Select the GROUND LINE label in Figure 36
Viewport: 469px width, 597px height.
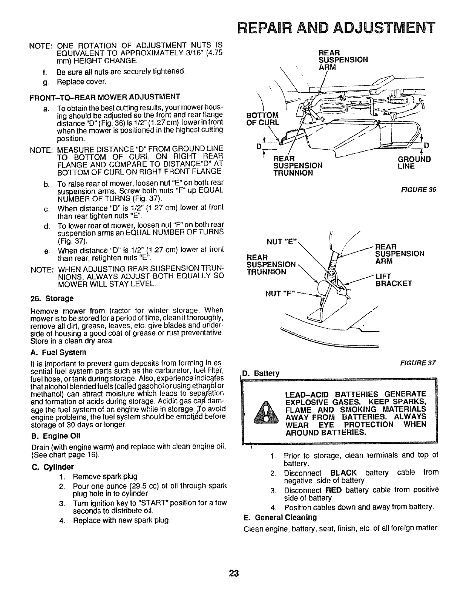[x=414, y=162]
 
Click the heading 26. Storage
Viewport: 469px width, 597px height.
[x=52, y=298]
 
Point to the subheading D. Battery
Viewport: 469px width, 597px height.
[x=261, y=374]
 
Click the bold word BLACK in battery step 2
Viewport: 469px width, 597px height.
[x=343, y=473]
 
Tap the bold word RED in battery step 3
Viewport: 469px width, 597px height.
[x=333, y=490]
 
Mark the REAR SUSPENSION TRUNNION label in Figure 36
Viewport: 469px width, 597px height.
[x=297, y=165]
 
